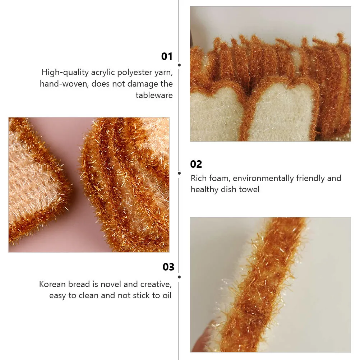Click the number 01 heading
tap(167, 56)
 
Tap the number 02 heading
tap(196, 164)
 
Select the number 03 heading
tap(168, 267)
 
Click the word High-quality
tap(65, 73)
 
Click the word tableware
tap(154, 95)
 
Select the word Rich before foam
tap(199, 178)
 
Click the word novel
tap(111, 284)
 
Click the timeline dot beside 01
tap(179, 65)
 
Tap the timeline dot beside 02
tap(179, 173)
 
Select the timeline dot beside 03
tap(179, 277)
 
